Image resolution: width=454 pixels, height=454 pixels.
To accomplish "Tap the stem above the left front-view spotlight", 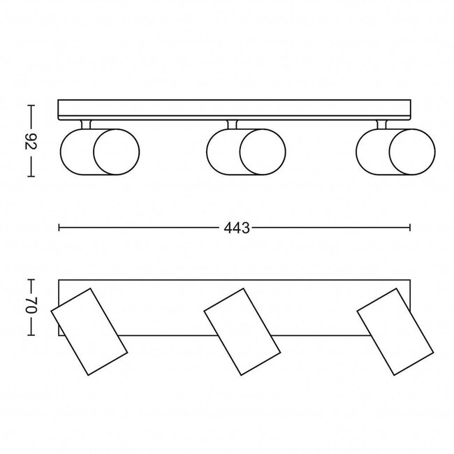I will (87, 124).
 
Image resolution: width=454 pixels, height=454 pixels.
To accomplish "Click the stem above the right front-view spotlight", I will (383, 124).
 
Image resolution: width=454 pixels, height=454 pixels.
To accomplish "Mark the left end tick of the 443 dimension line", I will (59, 228).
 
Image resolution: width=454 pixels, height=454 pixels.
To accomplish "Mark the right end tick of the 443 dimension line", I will (410, 228).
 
